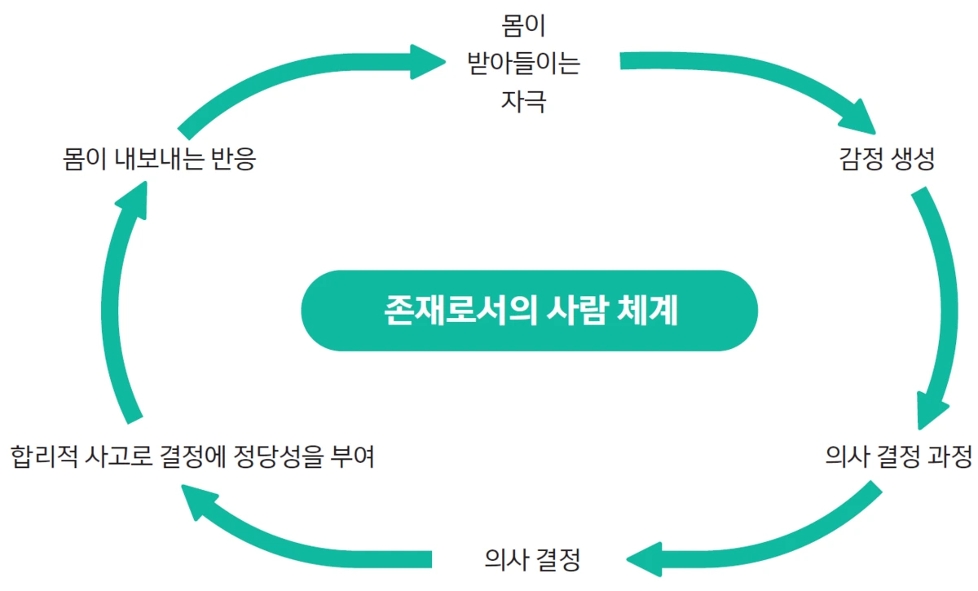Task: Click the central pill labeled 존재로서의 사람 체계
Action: click(529, 311)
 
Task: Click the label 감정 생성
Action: click(886, 158)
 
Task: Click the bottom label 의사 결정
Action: click(531, 559)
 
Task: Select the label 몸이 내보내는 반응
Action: click(160, 158)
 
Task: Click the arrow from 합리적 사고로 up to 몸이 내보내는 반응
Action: click(122, 302)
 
